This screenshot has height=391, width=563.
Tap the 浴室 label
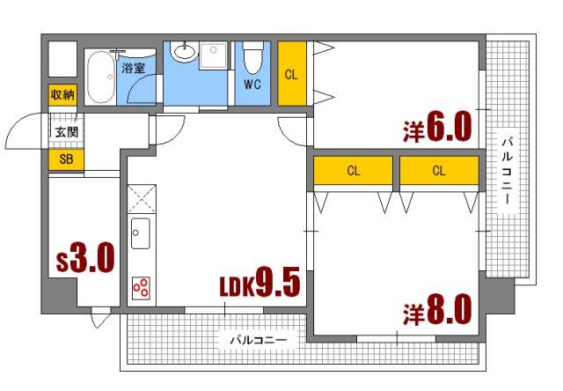[x=134, y=67]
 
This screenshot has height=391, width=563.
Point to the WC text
[x=252, y=85]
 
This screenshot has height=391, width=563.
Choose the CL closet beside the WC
[x=291, y=74]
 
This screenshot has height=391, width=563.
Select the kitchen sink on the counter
[x=141, y=234]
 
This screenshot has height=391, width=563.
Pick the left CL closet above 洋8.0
[x=353, y=171]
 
